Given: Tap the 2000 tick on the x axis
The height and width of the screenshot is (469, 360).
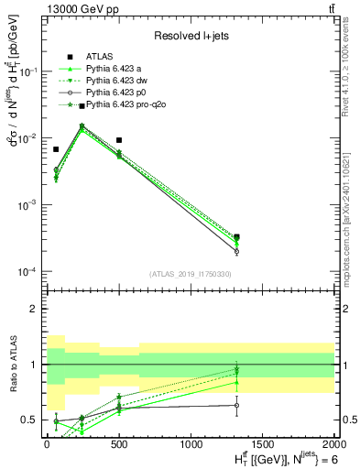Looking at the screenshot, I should [333, 444].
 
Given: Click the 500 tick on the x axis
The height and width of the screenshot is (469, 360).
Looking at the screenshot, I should [118, 444].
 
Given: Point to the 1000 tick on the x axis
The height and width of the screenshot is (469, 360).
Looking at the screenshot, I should [190, 444].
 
